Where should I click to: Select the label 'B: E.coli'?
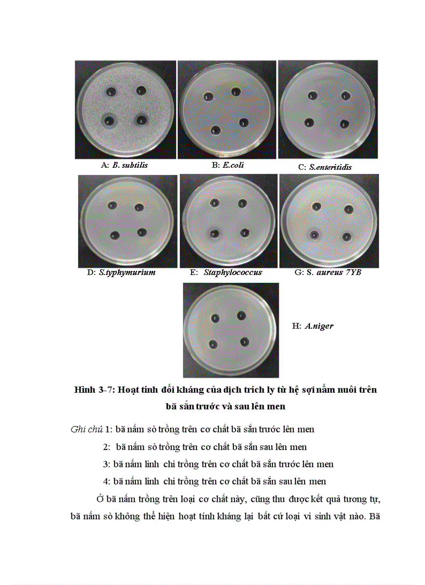tap(228, 165)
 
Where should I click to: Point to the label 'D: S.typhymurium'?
tap(121, 272)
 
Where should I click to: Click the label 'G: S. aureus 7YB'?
tap(327, 272)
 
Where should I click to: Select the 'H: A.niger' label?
tap(312, 326)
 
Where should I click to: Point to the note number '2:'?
tap(107, 447)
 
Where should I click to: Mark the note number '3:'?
tap(107, 464)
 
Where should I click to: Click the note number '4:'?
tap(107, 481)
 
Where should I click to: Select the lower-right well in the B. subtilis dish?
tap(141, 120)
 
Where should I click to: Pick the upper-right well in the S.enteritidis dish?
tap(345, 95)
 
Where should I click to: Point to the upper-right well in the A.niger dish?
tap(241, 316)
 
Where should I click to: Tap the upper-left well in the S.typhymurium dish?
tap(112, 205)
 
